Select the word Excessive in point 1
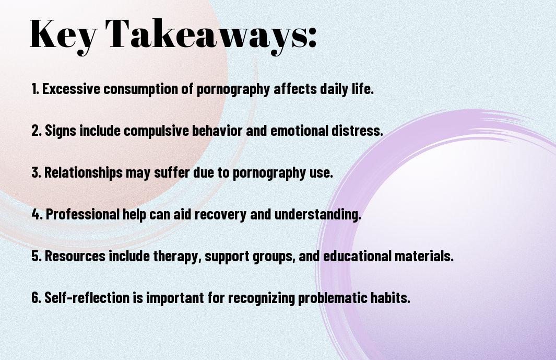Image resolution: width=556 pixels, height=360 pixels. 71,89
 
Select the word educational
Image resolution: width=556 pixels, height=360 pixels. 357,256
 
